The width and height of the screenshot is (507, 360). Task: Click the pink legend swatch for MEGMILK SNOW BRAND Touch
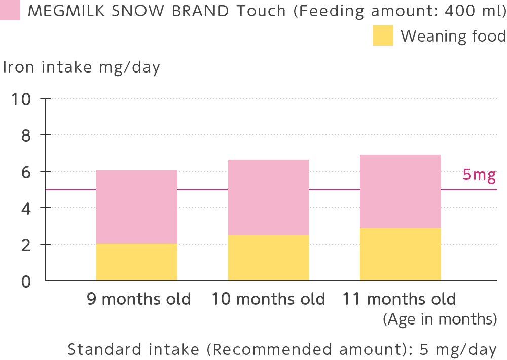10,10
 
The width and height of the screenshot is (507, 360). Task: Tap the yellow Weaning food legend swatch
383,36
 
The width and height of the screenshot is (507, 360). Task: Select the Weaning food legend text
453,36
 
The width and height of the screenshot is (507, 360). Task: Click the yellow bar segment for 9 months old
137,262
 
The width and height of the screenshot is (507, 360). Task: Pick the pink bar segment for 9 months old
137,207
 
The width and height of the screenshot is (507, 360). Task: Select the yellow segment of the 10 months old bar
269,258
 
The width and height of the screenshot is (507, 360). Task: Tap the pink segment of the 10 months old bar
269,197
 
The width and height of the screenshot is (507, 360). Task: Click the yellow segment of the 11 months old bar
401,254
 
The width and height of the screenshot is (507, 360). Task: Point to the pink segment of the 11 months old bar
401,191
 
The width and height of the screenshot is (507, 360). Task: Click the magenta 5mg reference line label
479,176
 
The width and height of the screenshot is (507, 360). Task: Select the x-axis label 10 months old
268,299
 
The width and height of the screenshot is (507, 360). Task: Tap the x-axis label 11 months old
399,299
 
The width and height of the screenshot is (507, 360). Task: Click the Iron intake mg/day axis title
82,67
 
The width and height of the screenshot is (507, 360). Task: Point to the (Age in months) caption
439,319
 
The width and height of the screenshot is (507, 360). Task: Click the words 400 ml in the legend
470,11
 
